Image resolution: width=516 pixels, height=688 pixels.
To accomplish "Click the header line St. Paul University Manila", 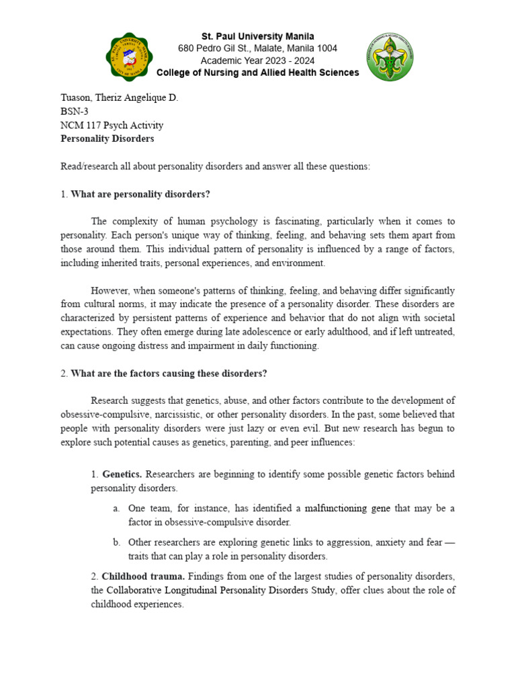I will coord(258,36).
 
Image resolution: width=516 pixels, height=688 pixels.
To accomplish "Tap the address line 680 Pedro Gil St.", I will coord(258,48).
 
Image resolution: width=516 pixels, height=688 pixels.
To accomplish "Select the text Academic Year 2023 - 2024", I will coord(258,60).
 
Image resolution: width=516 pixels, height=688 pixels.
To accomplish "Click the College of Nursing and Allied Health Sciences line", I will coord(258,73).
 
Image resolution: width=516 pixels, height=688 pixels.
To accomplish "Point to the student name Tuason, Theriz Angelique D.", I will coord(119,98).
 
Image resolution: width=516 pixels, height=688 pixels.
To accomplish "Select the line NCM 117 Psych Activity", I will coord(112,125).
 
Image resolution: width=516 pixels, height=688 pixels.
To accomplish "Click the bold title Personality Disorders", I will coord(107,138).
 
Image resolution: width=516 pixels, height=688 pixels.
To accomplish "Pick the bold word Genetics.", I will coord(122,474).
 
